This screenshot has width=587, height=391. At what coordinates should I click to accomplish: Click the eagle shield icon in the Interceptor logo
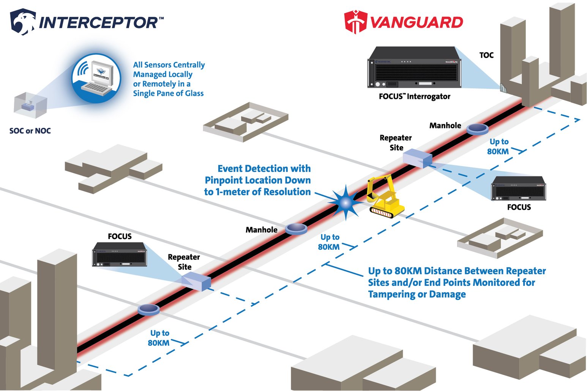click(23, 22)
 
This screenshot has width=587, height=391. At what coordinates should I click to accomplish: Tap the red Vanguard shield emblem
click(355, 22)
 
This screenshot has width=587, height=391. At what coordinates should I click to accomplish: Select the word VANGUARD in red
click(417, 22)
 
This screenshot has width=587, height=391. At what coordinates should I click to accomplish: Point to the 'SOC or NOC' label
click(30, 131)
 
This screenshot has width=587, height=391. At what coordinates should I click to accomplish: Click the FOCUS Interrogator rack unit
click(414, 68)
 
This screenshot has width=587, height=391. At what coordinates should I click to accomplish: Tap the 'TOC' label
click(486, 55)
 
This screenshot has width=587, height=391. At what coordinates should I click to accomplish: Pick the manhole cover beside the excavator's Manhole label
click(296, 228)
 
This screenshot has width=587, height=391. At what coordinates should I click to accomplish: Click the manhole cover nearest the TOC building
click(477, 129)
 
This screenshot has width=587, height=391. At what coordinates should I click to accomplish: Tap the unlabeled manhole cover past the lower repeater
click(148, 309)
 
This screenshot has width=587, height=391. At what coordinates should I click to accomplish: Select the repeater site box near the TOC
click(417, 158)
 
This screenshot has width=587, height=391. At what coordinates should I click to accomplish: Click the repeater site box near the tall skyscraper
click(196, 282)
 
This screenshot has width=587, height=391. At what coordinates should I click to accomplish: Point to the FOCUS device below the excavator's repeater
click(518, 188)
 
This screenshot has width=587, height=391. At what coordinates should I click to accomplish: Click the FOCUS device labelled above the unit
click(120, 254)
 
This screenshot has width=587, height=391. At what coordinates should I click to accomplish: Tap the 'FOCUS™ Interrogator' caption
click(414, 97)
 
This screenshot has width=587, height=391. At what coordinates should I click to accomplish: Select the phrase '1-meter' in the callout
click(233, 192)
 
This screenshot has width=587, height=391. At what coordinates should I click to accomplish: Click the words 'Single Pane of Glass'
click(168, 93)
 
